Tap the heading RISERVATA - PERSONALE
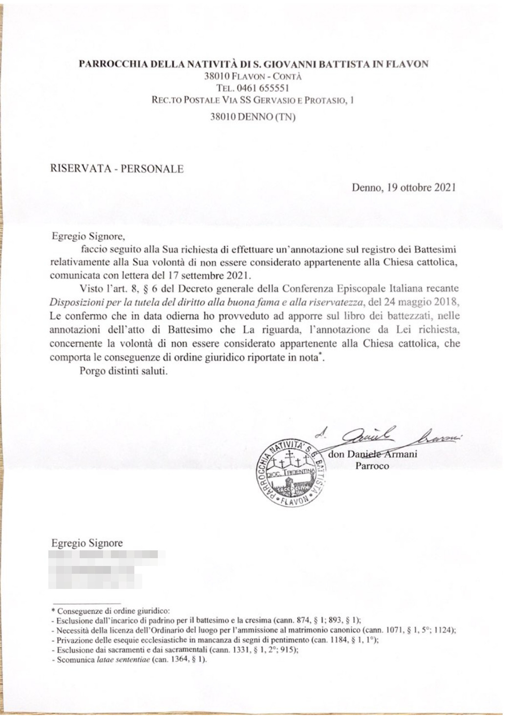(x=117, y=169)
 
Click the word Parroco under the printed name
(x=372, y=466)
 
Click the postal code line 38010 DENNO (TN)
(x=253, y=117)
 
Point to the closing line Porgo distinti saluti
(x=124, y=371)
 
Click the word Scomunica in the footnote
(x=76, y=660)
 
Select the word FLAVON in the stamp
(x=295, y=501)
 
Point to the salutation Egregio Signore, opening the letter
(x=88, y=237)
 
